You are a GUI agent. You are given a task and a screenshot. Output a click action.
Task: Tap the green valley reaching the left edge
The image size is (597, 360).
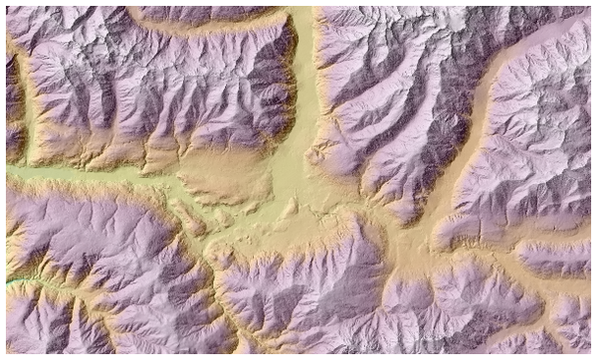pyautogui.click(x=60, y=173)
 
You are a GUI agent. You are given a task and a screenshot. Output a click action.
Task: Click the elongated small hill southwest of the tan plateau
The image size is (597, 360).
pyautogui.click(x=187, y=217)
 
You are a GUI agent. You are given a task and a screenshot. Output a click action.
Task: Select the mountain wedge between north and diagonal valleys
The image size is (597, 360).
pyautogui.click(x=388, y=99)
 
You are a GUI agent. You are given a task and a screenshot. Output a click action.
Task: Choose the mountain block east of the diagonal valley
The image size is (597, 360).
pyautogui.click(x=537, y=139)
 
